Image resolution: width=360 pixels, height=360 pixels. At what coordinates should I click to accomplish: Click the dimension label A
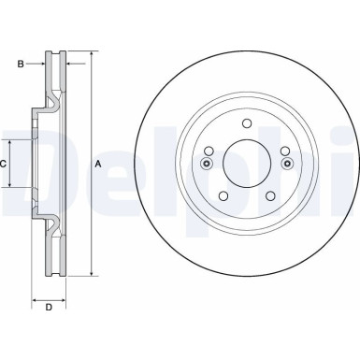96,165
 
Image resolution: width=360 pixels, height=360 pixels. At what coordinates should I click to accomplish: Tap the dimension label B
21,65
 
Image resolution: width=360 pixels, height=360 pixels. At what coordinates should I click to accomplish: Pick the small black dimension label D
48,306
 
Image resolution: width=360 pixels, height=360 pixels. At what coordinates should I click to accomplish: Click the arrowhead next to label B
44,65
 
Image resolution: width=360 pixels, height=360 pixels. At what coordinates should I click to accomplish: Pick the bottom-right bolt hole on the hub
269,195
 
